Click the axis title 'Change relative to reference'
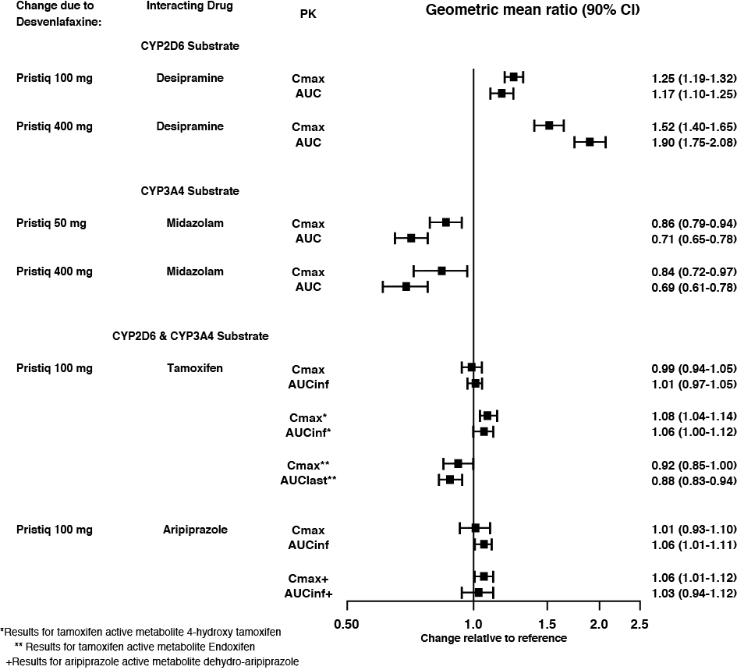[x=494, y=637]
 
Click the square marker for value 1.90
[x=590, y=142]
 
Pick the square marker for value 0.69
[x=406, y=287]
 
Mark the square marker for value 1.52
[x=549, y=126]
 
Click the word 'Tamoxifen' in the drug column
[x=190, y=368]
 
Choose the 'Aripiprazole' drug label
[x=190, y=530]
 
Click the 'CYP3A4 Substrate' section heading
[x=190, y=191]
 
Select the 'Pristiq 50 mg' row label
[x=51, y=223]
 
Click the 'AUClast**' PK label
[x=308, y=480]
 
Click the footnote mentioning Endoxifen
[x=134, y=647]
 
